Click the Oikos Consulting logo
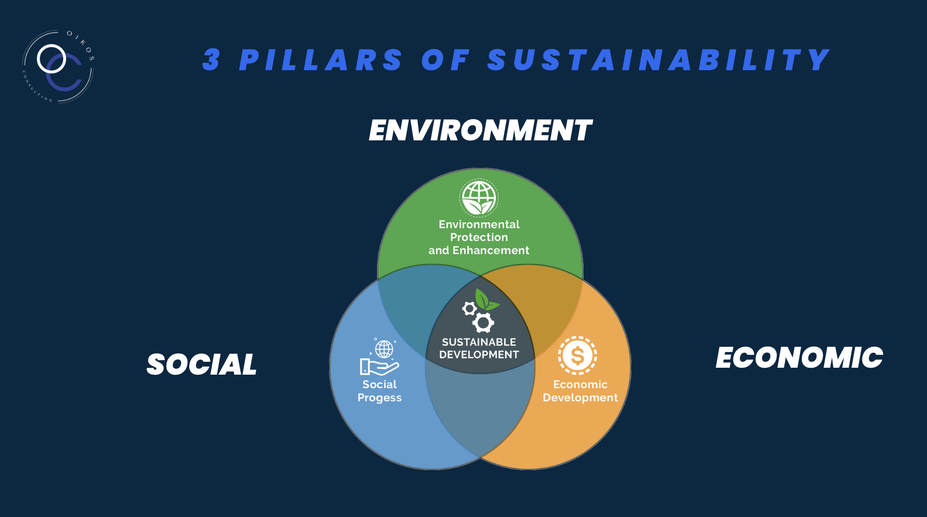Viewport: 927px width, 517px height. [x=58, y=66]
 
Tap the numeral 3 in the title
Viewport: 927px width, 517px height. [x=211, y=60]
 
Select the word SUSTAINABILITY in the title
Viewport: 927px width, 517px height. [x=659, y=60]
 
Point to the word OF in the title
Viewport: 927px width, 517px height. [x=445, y=60]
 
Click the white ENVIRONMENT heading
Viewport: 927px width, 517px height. [x=480, y=130]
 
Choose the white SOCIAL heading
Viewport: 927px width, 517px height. [x=202, y=365]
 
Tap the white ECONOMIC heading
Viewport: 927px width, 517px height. [x=800, y=358]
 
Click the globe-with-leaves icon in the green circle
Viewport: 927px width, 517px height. [x=479, y=198]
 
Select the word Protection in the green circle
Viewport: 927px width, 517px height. [x=479, y=237]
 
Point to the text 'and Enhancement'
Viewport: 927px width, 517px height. [x=479, y=250]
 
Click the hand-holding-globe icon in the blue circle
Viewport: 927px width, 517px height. [x=380, y=356]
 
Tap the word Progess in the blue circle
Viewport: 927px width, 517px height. [x=379, y=398]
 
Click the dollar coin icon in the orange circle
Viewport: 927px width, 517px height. [x=578, y=355]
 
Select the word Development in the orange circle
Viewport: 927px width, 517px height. [x=580, y=398]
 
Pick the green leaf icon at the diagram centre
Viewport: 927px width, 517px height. [x=486, y=300]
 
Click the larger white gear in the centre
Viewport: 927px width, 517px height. [x=483, y=323]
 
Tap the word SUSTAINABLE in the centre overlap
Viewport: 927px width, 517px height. [x=479, y=342]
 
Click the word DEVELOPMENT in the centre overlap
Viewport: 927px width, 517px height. [x=479, y=355]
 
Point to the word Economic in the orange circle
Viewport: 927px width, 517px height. [x=580, y=385]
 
